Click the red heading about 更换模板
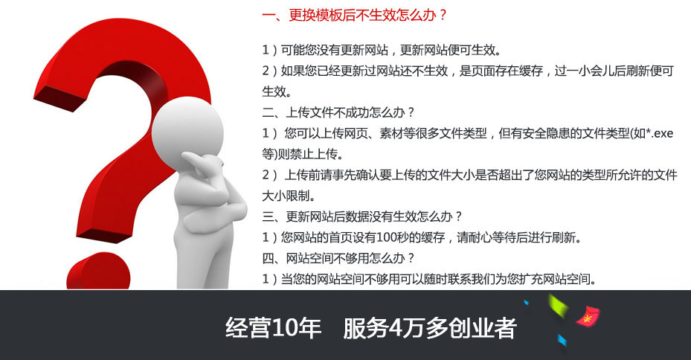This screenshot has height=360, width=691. click(x=354, y=16)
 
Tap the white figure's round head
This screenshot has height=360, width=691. click(x=187, y=128)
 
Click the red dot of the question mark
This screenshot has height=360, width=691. click(x=99, y=271)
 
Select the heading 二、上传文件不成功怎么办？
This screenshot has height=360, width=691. click(x=338, y=112)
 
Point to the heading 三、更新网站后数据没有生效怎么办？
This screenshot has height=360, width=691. click(x=361, y=216)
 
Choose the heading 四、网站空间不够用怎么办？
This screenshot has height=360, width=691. click(x=338, y=258)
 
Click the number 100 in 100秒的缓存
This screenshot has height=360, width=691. click(x=388, y=237)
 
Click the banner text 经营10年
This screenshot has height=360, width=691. click(x=273, y=328)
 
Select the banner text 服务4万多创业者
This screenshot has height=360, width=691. click(x=430, y=328)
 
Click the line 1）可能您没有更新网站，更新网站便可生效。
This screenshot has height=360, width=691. click(x=382, y=50)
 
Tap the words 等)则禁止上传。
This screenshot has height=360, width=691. click(x=303, y=154)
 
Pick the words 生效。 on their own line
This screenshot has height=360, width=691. click(x=277, y=91)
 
